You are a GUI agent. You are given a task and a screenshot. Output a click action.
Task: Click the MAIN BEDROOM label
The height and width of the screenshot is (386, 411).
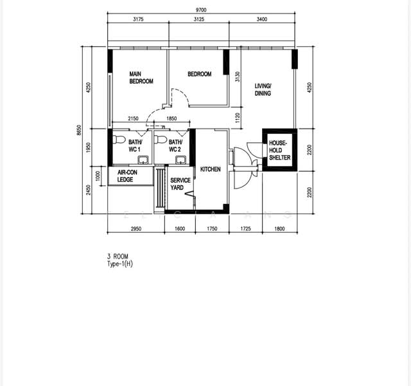pos(141,78)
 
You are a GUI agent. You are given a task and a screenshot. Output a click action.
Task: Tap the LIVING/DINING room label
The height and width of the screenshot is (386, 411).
pos(263,89)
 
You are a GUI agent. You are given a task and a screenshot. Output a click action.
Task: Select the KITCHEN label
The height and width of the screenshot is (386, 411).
pos(210,169)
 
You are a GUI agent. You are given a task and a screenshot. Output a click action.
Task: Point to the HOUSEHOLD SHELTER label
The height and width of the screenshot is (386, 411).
pos(280,150)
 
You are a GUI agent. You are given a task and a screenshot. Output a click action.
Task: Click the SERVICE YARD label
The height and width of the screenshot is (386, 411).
pos(180,184)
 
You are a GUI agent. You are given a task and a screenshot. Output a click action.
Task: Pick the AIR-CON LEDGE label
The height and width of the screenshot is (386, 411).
pos(127,176)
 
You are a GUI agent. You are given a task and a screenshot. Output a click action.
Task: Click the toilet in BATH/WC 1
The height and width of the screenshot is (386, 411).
pos(119,140)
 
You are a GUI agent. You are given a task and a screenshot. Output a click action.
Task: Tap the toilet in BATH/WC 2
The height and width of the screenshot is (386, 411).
pos(161,140)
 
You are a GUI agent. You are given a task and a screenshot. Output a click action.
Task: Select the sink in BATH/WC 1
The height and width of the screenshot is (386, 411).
pos(143,160)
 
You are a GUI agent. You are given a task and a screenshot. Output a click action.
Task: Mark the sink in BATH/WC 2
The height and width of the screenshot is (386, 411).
pos(181,160)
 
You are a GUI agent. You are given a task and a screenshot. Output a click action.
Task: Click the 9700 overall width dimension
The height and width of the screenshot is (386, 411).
pos(201,10)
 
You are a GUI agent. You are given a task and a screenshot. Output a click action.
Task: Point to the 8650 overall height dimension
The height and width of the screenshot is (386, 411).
pos(79,130)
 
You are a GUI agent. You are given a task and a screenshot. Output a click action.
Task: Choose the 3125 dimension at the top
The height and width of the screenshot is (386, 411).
pos(199,19)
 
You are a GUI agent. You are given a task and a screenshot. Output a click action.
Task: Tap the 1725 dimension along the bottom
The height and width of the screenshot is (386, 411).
pos(245,229)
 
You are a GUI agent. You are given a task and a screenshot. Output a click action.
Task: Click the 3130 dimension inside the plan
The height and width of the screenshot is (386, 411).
pos(238,77)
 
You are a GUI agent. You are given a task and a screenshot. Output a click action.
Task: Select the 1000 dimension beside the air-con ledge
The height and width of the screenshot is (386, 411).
pos(98,176)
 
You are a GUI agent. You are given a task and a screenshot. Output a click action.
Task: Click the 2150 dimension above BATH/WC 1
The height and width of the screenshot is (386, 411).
pos(133,118)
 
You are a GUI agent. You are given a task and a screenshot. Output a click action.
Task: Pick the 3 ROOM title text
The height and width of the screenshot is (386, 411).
pos(118,257)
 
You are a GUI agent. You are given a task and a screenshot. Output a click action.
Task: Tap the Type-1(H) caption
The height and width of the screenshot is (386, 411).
pos(120,264)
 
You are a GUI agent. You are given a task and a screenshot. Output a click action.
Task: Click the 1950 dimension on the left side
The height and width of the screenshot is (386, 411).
pos(89,148)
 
